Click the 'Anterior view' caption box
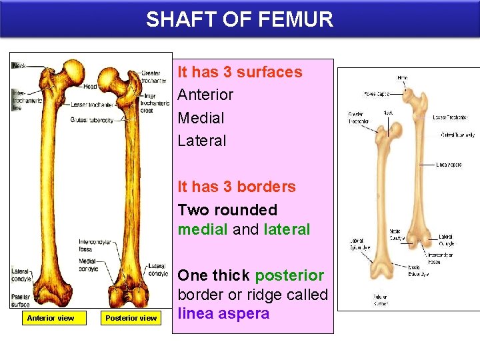[50, 318]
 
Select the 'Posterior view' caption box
[131, 318]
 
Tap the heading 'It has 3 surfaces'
[239, 72]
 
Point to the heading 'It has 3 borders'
[236, 187]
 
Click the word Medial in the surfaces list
[201, 118]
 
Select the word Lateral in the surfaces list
[202, 141]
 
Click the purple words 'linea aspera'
[223, 313]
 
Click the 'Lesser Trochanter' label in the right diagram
[450, 117]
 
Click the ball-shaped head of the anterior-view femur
[69, 69]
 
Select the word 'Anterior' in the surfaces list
[205, 95]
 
